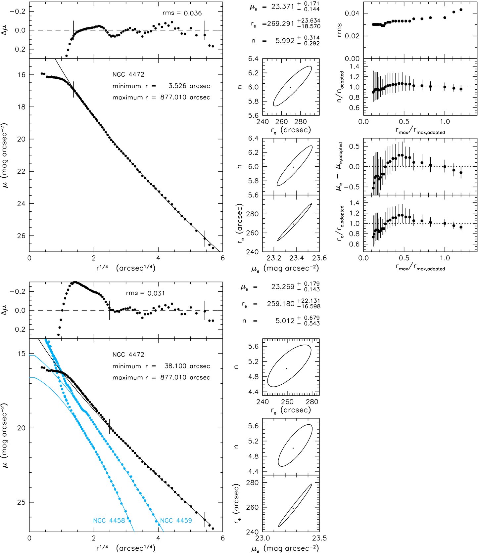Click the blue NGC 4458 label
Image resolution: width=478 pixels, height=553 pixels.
coord(109,521)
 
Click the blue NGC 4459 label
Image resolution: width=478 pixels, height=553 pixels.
coord(176,521)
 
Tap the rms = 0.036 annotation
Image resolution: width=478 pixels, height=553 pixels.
coord(182,13)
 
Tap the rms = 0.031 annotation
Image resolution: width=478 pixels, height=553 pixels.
coord(145,293)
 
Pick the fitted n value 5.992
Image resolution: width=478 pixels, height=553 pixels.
coord(285,41)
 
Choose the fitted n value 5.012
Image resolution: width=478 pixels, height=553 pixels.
coord(285,320)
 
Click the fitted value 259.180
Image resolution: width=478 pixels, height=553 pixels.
coord(281,304)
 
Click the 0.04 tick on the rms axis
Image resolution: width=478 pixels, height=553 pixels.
coord(352,13)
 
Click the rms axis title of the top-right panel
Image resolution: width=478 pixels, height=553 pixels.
coord(339,30)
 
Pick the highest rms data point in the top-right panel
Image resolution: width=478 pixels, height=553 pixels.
coord(461,10)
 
